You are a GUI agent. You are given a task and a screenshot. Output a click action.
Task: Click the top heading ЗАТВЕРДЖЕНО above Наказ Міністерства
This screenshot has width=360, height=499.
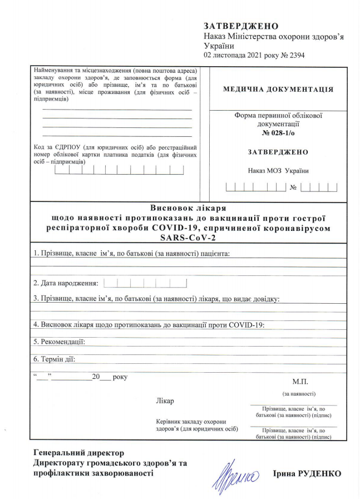(241, 26)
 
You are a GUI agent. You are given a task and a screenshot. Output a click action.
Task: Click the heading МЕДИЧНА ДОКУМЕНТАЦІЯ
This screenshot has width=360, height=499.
(278, 89)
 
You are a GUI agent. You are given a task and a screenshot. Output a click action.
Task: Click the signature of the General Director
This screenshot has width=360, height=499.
(234, 473)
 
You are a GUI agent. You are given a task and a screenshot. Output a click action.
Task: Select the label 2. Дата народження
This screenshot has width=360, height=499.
(66, 284)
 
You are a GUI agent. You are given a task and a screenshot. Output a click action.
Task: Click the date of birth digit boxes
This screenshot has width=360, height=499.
(145, 283)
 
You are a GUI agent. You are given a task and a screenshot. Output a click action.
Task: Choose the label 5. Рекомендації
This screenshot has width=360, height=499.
(59, 342)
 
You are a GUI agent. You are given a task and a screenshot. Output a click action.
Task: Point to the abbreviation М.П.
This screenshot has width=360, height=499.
(299, 382)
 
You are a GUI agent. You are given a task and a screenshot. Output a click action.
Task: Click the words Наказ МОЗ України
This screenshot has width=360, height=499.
(278, 171)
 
